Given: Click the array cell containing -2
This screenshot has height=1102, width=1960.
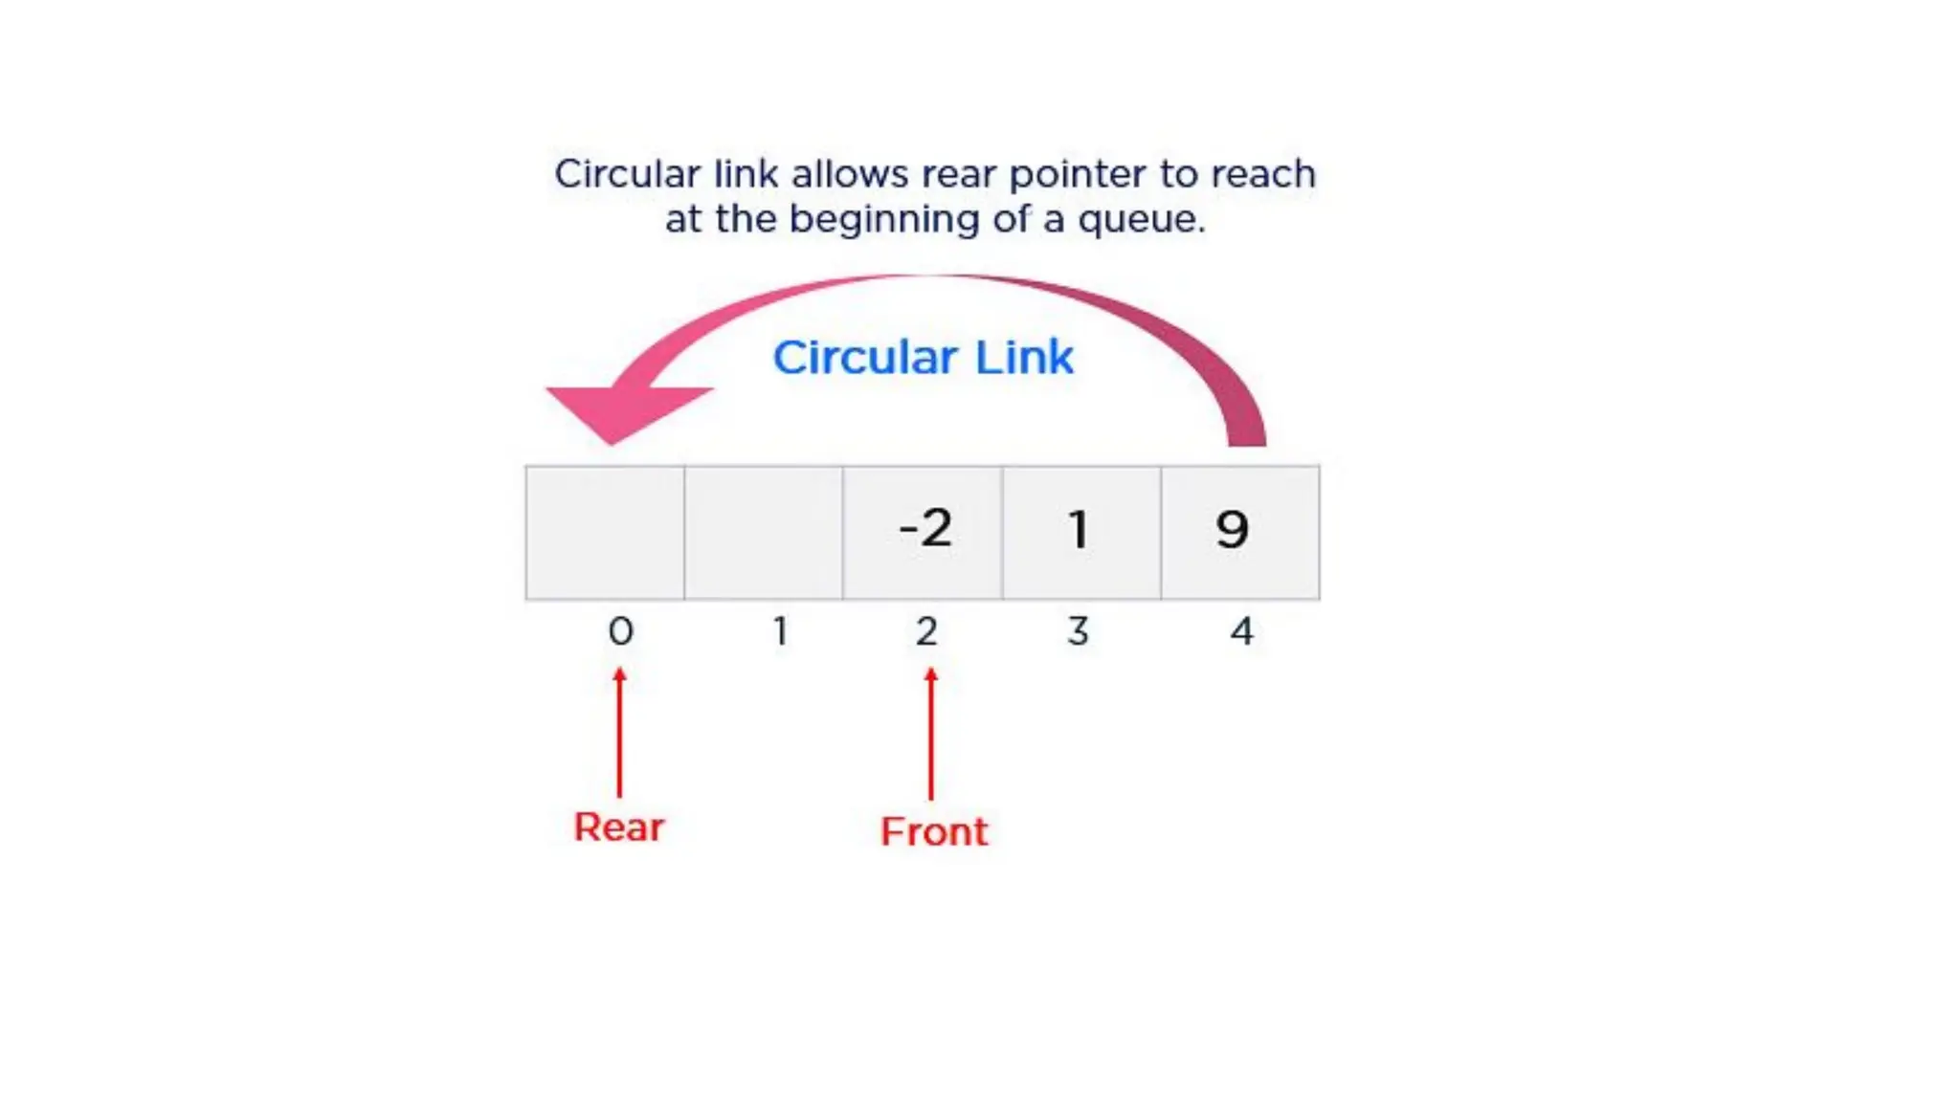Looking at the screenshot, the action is point(923,532).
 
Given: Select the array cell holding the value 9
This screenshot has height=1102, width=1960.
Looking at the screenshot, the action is point(1239,532).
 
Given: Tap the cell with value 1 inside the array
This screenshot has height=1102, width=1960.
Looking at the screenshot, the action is point(1081,532).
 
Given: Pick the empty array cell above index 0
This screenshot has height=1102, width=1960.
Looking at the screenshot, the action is point(605,532).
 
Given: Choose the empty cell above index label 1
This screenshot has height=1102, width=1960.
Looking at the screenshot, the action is point(764,532).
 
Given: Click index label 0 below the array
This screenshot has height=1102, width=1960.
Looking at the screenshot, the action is point(621,631).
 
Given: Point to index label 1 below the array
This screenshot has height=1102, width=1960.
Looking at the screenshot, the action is point(781,631).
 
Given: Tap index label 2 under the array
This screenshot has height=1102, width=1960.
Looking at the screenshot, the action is point(926,631).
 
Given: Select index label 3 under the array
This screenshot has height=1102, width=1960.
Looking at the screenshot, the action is point(1079,631).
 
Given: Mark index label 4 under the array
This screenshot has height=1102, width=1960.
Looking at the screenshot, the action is point(1241,631).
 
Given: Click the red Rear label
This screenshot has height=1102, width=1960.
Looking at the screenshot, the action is point(618,827).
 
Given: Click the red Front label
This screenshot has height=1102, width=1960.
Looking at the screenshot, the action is point(934,831).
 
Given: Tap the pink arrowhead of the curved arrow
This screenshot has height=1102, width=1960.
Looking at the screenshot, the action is point(622,408).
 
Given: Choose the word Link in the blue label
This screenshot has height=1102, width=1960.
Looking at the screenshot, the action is point(1024,358).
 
